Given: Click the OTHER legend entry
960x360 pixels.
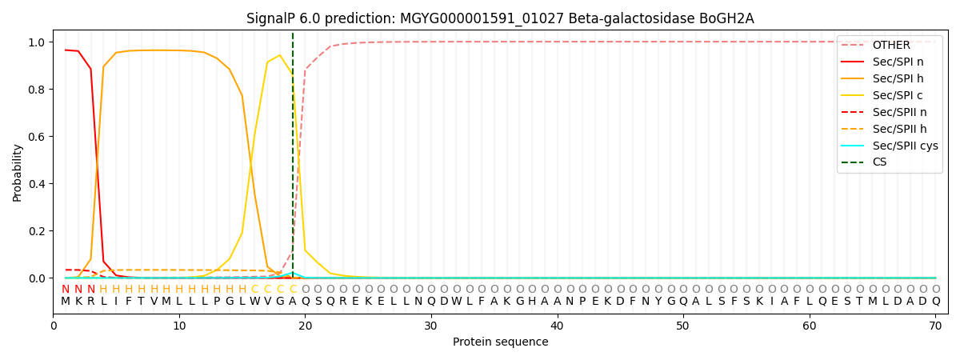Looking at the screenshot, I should pyautogui.click(x=891, y=45).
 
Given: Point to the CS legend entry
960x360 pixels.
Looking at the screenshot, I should pyautogui.click(x=879, y=162).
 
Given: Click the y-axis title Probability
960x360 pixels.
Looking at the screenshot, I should pyautogui.click(x=17, y=172).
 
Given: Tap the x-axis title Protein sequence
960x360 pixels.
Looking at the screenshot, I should pyautogui.click(x=500, y=342).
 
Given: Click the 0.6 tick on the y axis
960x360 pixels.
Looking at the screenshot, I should pyautogui.click(x=37, y=137).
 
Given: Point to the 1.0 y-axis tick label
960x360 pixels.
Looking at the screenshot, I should pyautogui.click(x=37, y=42).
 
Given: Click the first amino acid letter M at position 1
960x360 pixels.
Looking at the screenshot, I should pyautogui.click(x=66, y=302).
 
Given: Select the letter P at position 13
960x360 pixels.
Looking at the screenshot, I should pyautogui.click(x=217, y=302).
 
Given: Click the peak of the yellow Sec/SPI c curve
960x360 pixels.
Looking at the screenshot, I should pyautogui.click(x=279, y=55).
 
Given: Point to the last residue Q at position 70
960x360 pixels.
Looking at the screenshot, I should pyautogui.click(x=935, y=302).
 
